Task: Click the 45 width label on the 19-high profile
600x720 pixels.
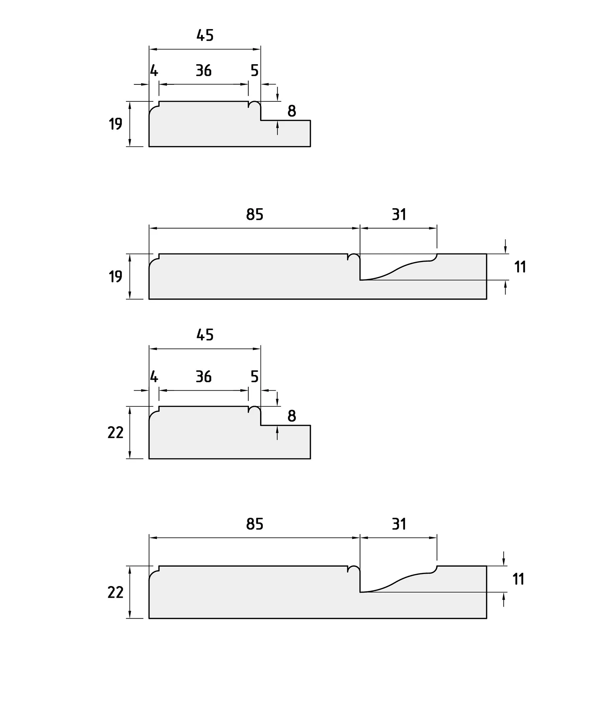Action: [x=205, y=35]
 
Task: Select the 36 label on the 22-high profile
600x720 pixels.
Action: [x=204, y=376]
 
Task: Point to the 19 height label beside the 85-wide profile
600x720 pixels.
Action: [x=115, y=276]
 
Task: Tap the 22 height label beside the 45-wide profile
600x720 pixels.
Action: [x=115, y=432]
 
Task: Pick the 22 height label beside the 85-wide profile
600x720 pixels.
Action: [x=115, y=592]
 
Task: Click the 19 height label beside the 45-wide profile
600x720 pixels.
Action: [x=115, y=124]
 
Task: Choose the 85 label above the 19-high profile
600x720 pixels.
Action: [x=255, y=214]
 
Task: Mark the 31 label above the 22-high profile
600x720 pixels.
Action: [x=399, y=524]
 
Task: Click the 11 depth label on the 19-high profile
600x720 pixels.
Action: [x=520, y=267]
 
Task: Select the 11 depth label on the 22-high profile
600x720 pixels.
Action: [x=518, y=579]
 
